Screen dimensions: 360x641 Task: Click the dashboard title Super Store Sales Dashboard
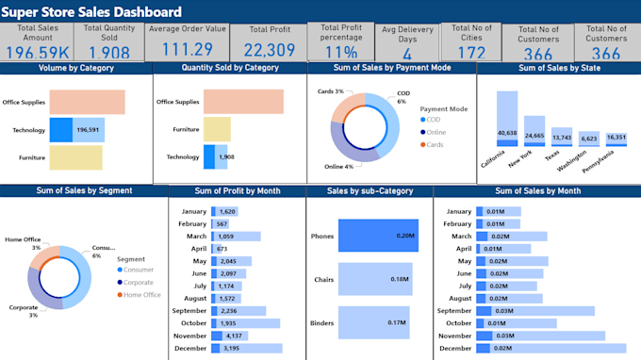(93, 12)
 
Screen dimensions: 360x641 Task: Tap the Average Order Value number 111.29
(187, 50)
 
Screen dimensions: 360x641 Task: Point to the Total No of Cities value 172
(470, 53)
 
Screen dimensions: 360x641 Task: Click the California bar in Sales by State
(507, 121)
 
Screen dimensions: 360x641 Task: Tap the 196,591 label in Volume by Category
(89, 130)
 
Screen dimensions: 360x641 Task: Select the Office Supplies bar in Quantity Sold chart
(243, 101)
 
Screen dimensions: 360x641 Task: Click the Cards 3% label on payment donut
(330, 91)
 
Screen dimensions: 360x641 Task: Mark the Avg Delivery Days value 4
(406, 53)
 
